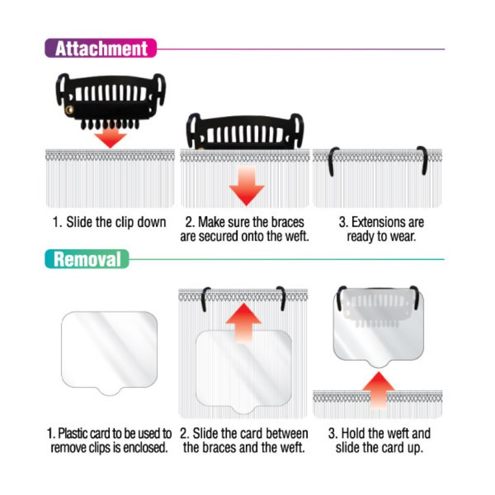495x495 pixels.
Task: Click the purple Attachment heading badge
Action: (100, 48)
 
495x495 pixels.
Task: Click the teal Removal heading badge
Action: (86, 259)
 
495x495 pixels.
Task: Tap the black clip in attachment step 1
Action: (110, 96)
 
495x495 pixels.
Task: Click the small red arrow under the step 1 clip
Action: (110, 137)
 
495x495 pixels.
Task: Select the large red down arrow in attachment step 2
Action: (246, 185)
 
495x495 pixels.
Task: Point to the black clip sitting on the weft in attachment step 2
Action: (247, 131)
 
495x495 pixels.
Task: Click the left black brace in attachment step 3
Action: (332, 161)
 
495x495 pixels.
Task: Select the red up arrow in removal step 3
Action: (378, 391)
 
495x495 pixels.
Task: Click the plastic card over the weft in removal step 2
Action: (244, 372)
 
